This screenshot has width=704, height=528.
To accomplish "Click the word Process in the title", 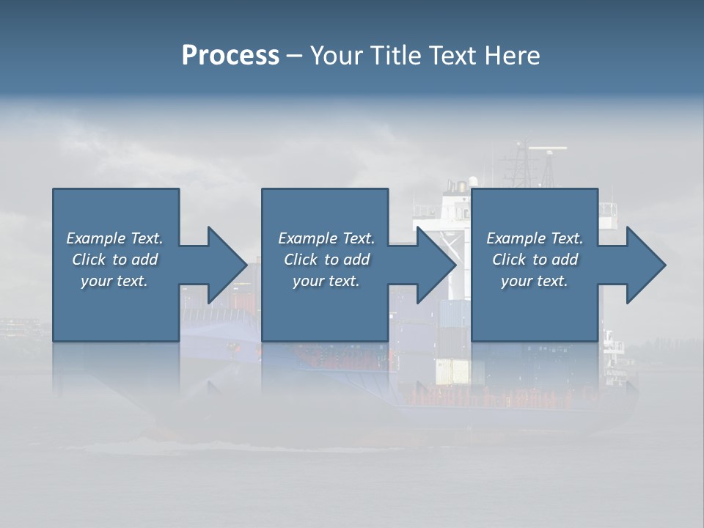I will [230, 56].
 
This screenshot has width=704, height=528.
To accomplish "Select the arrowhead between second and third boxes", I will [436, 265].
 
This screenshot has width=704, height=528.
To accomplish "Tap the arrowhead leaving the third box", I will [645, 265].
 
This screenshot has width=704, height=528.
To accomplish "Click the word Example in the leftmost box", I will [96, 238].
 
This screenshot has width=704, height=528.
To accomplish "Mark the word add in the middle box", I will [356, 260].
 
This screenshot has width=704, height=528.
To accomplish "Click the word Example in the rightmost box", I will [516, 238].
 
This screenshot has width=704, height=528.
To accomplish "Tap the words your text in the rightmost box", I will [534, 281].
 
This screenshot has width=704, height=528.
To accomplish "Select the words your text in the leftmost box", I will [114, 281].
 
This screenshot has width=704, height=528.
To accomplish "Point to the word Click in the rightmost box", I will [509, 260].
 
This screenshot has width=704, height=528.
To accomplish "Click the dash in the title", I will [295, 56].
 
